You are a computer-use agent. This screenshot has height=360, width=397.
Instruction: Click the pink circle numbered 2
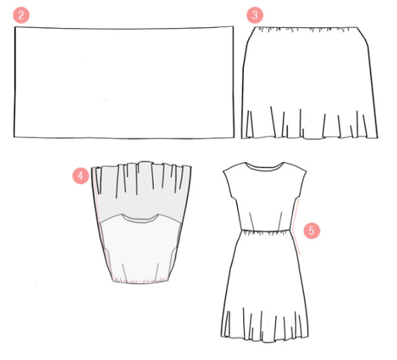point(21,15)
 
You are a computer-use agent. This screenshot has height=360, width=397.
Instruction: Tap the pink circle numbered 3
point(255,15)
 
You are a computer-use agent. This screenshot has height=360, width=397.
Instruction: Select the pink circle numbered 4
point(81,176)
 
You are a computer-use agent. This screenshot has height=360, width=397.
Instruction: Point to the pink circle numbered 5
point(312,231)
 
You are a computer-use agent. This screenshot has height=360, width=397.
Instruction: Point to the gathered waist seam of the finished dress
point(266,230)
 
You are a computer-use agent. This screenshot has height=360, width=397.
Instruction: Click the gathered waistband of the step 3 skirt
point(305,29)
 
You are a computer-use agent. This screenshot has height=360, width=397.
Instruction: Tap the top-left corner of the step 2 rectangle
point(15,27)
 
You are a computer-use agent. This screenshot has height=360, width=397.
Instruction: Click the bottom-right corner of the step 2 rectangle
point(234,137)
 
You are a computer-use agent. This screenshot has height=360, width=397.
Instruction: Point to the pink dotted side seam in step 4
point(101,223)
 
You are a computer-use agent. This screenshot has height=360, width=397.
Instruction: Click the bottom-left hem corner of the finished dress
point(221,337)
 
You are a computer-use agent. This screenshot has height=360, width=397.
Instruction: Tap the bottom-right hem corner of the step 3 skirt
point(378,138)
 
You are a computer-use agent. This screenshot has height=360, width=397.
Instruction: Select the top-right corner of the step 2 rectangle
point(233,26)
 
